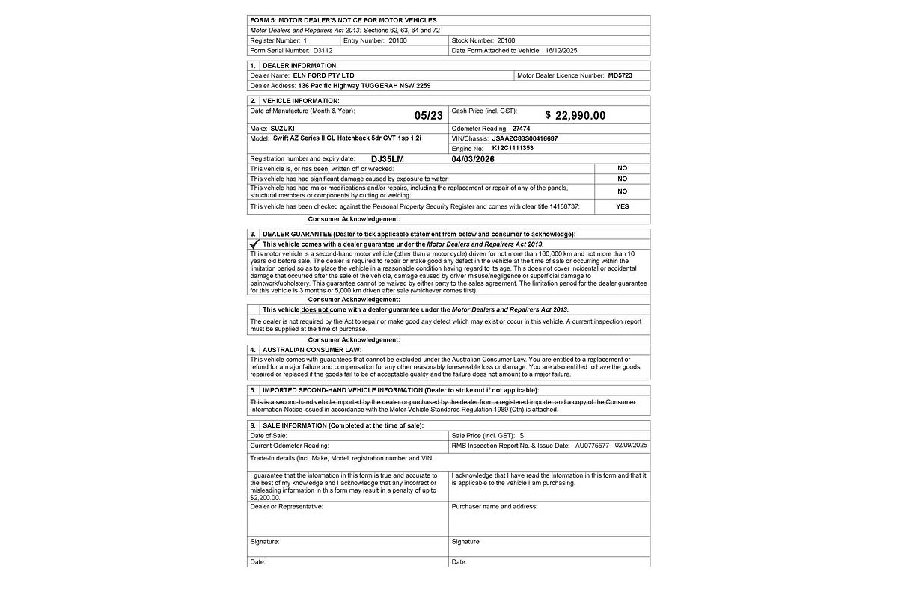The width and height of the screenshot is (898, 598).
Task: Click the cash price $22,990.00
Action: pos(575,115)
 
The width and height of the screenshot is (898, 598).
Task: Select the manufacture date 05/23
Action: pos(428,115)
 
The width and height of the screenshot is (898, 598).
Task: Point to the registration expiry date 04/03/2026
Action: pos(474,159)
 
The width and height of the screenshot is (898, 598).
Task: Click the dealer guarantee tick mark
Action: pos(254,244)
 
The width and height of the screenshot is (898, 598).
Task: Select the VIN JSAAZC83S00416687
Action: pos(525,138)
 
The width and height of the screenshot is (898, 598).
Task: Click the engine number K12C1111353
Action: pos(513,148)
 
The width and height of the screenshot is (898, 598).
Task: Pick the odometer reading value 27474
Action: pos(522,129)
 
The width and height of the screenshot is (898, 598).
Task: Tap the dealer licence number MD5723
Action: pos(620,75)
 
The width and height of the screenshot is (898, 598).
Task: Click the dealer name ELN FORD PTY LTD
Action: pos(323,75)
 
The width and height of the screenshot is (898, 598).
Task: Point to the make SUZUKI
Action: pos(282,129)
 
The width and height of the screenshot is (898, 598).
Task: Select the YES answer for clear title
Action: pos(622,206)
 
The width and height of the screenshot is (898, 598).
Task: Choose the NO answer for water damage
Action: pos(622,179)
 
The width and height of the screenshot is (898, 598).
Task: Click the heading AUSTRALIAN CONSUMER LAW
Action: pos(312,349)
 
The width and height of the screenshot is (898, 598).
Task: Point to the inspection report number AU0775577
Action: pos(592,445)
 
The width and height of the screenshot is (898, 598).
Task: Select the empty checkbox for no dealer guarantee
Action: pos(254,309)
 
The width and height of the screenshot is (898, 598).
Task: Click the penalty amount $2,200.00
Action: pos(265,497)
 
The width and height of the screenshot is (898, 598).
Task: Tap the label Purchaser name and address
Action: pos(494,506)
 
